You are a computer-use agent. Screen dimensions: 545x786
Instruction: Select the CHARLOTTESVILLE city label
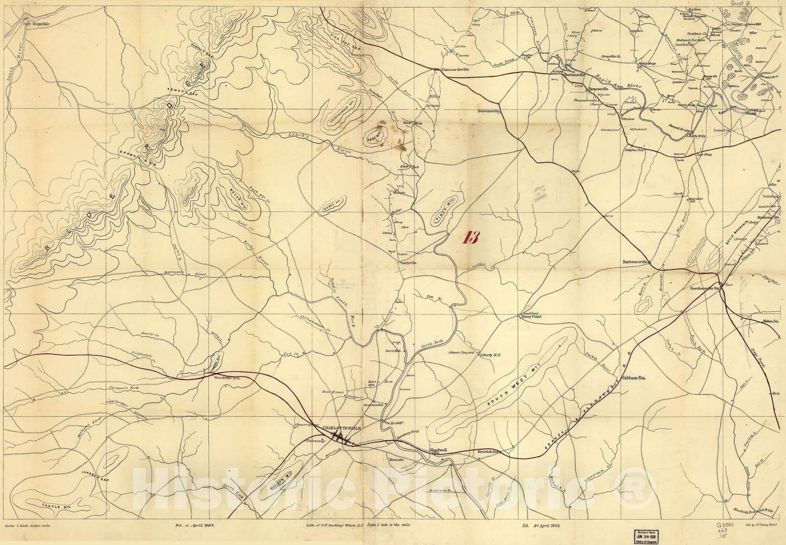pyautogui.click(x=342, y=429)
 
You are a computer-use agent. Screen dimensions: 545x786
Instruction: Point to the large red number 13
pyautogui.click(x=470, y=238)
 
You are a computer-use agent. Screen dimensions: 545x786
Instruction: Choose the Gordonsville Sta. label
pyautogui.click(x=705, y=288)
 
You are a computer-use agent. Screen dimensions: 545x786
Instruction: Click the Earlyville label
pyautogui.click(x=409, y=263)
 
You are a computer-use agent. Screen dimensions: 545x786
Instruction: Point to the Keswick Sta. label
pyautogui.click(x=489, y=451)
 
